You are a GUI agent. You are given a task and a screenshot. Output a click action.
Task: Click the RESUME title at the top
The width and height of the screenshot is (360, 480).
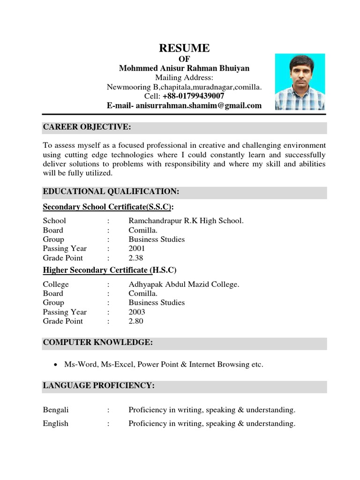pyautogui.click(x=184, y=48)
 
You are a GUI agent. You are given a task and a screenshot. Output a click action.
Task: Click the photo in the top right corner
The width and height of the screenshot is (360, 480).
pyautogui.click(x=300, y=82)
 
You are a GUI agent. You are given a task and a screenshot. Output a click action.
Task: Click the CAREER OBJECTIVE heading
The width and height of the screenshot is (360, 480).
pyautogui.click(x=87, y=127)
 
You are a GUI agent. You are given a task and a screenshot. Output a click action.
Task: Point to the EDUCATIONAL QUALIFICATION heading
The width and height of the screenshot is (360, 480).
pyautogui.click(x=111, y=192)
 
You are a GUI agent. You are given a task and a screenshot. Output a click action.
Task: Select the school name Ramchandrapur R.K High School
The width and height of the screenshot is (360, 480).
pyautogui.click(x=186, y=221)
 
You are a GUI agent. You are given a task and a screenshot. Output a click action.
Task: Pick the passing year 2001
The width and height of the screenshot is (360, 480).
pyautogui.click(x=137, y=248)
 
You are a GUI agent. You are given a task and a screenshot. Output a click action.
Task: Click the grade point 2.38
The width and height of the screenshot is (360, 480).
pyautogui.click(x=136, y=258)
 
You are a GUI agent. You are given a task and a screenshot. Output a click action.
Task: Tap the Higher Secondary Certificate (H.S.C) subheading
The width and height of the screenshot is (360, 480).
pyautogui.click(x=110, y=270)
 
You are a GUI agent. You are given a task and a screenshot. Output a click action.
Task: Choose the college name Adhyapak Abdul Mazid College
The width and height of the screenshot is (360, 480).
pyautogui.click(x=184, y=285)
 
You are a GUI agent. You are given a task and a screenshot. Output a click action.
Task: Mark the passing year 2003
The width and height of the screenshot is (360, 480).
pyautogui.click(x=137, y=312)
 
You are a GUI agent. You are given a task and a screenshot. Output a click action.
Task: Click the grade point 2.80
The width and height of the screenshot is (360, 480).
pyautogui.click(x=136, y=322)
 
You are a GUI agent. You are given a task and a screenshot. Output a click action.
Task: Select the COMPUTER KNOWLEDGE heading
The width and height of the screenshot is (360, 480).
pyautogui.click(x=98, y=343)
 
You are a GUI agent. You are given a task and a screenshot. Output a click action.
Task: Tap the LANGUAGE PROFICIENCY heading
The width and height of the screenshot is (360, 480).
pyautogui.click(x=98, y=386)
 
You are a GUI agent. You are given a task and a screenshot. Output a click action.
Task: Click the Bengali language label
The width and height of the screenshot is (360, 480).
pyautogui.click(x=56, y=410)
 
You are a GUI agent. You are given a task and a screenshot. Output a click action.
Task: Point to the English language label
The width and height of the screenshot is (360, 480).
pyautogui.click(x=56, y=424)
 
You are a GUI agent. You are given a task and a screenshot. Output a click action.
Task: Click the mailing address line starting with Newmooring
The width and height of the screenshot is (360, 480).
pyautogui.click(x=184, y=87)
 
